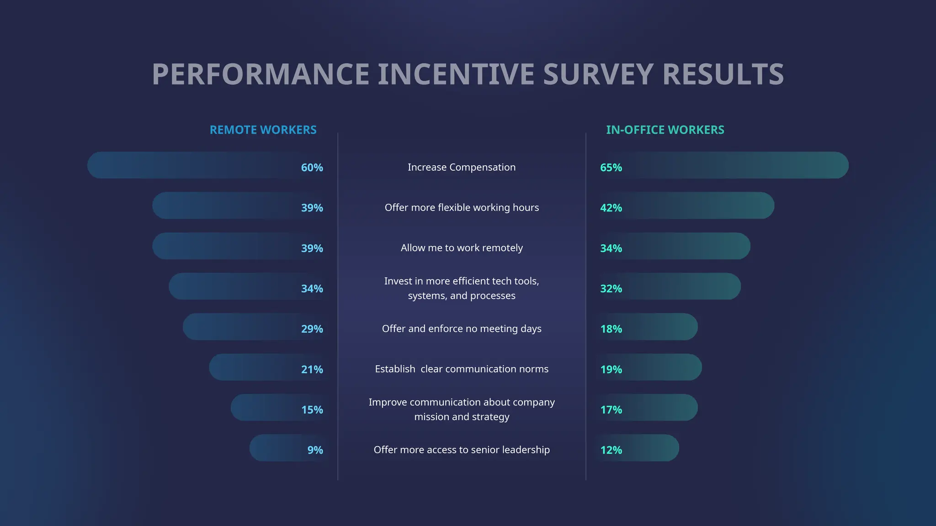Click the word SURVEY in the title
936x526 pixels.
click(x=598, y=74)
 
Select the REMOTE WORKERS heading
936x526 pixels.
click(x=263, y=130)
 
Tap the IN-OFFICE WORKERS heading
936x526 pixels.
click(x=665, y=130)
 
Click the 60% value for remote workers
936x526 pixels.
click(x=312, y=168)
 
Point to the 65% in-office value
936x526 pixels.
click(x=611, y=168)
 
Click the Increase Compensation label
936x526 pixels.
click(x=462, y=167)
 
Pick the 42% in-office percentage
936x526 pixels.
click(x=611, y=208)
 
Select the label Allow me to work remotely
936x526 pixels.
click(x=462, y=248)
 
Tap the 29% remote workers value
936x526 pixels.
click(x=312, y=329)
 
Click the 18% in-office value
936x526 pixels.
click(x=611, y=329)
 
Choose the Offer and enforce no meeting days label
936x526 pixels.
click(x=462, y=329)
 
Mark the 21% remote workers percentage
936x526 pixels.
click(x=312, y=369)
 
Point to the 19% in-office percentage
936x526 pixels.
click(x=611, y=369)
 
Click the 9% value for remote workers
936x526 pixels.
click(x=315, y=450)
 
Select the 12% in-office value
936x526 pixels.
click(x=611, y=450)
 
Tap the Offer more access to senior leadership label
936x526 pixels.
click(x=462, y=450)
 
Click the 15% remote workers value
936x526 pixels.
click(x=312, y=410)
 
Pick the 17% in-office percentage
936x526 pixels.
click(x=611, y=410)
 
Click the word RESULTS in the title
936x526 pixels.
click(x=723, y=74)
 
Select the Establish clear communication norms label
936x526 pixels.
click(x=462, y=369)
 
